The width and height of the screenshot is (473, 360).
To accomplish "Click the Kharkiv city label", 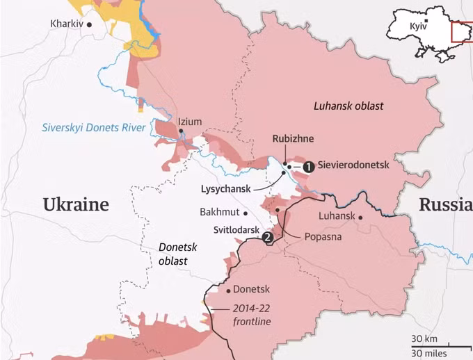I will pyautogui.click(x=66, y=24).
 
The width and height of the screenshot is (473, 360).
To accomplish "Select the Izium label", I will pyautogui.click(x=190, y=122).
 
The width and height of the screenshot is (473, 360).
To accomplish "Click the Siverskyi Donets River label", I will pyautogui.click(x=93, y=127).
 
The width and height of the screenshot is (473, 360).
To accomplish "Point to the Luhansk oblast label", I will pyautogui.click(x=348, y=106).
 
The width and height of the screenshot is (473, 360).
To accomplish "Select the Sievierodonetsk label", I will pyautogui.click(x=354, y=166).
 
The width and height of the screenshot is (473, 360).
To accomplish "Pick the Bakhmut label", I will pyautogui.click(x=219, y=211).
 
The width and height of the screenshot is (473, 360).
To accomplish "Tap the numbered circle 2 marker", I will pyautogui.click(x=266, y=237).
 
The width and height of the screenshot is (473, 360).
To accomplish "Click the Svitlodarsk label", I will pyautogui.click(x=236, y=229).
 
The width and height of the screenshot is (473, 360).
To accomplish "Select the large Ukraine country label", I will pyautogui.click(x=76, y=204).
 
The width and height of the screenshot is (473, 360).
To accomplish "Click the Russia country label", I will pyautogui.click(x=444, y=204).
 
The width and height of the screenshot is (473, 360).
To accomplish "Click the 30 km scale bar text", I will pyautogui.click(x=424, y=338).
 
